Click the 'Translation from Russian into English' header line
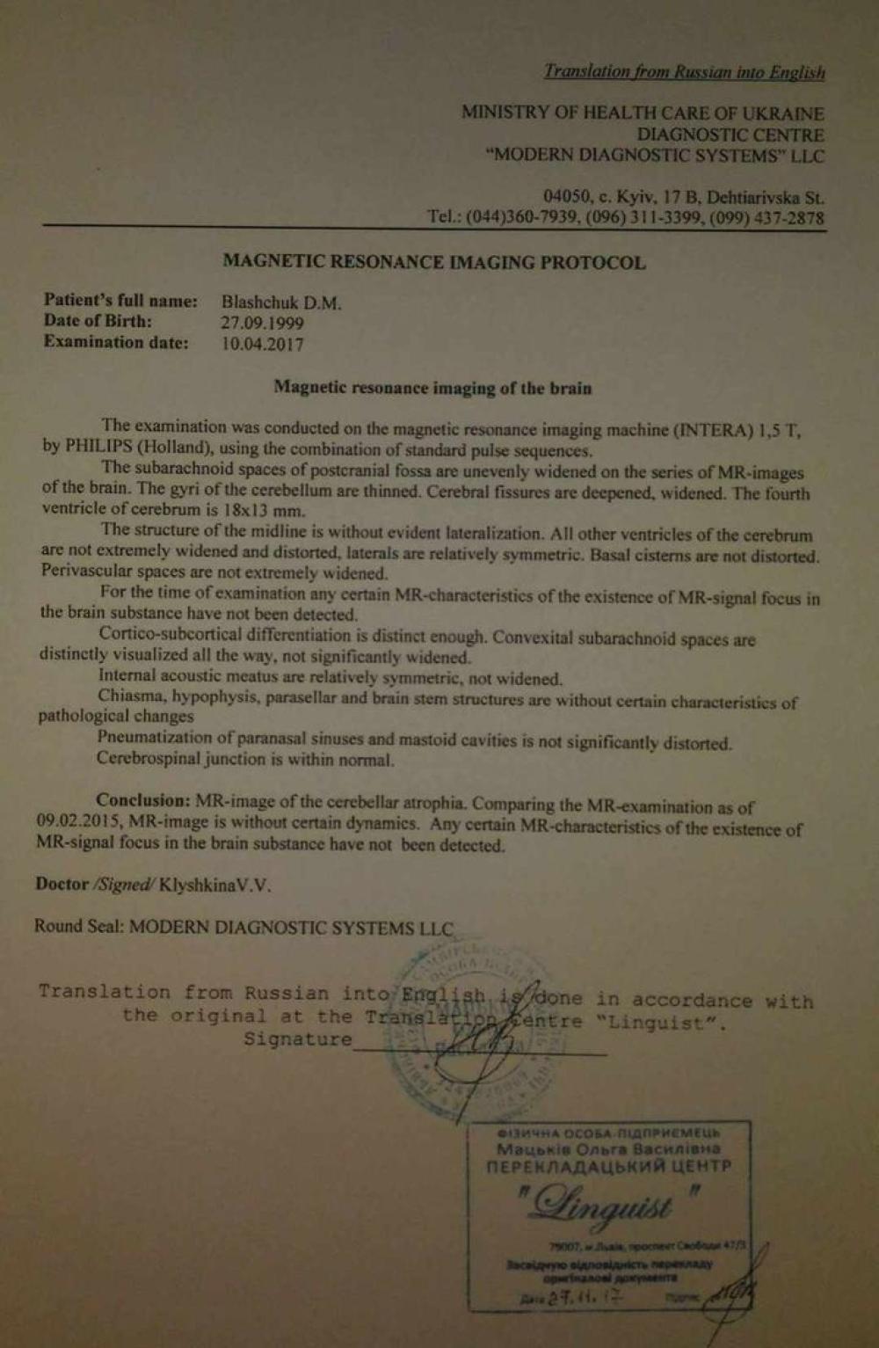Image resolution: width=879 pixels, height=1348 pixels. [684, 72]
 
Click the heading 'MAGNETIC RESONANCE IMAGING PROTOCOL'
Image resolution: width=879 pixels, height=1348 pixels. [434, 262]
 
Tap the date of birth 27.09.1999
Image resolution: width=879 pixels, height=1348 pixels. [262, 323]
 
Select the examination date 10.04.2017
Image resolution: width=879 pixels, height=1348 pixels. [262, 344]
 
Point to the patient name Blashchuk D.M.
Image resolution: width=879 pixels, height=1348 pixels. [281, 302]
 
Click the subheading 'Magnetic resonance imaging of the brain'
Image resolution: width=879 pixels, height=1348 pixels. [432, 388]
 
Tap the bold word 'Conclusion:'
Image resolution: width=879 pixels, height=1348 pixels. [142, 800]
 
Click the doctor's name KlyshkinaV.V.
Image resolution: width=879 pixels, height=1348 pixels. [215, 885]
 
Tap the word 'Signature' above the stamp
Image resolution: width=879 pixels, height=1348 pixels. [297, 1039]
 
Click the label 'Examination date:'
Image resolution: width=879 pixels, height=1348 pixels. [116, 343]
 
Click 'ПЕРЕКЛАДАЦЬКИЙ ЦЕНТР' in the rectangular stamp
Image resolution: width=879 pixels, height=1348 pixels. [608, 1167]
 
